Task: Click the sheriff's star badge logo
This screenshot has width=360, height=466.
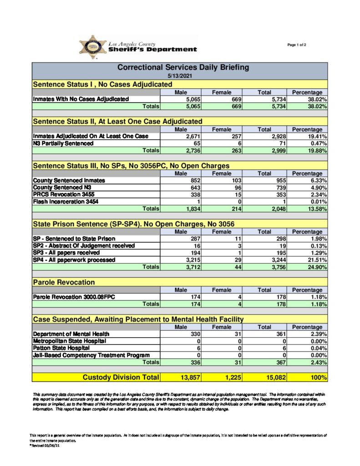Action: tap(92, 47)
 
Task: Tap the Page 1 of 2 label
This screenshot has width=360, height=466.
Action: tap(297, 45)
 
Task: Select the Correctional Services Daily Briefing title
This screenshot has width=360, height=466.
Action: tap(183, 67)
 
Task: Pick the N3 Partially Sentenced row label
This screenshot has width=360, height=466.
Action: tap(63, 143)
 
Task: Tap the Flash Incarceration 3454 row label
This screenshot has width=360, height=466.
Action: tap(66, 202)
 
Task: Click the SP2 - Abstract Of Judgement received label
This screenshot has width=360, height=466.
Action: tap(84, 246)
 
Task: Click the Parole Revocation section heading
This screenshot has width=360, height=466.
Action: tap(64, 283)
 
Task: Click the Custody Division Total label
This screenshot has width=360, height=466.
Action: tap(121, 377)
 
